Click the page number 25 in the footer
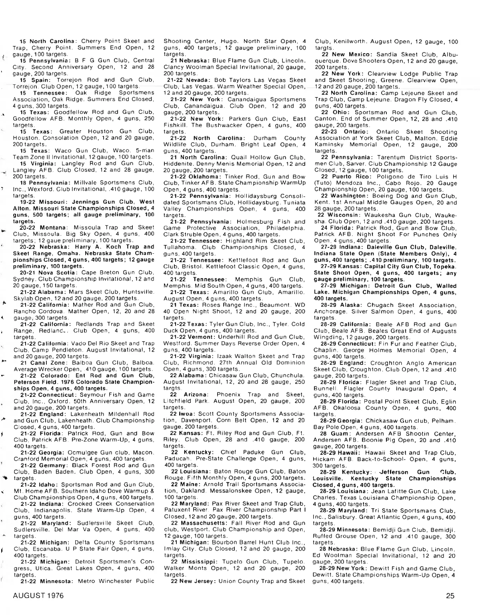pyautogui.click(x=450, y=596)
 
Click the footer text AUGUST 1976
pyautogui.click(x=38, y=596)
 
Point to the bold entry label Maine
pyautogui.click(x=188, y=485)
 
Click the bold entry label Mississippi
pyautogui.click(x=199, y=562)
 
